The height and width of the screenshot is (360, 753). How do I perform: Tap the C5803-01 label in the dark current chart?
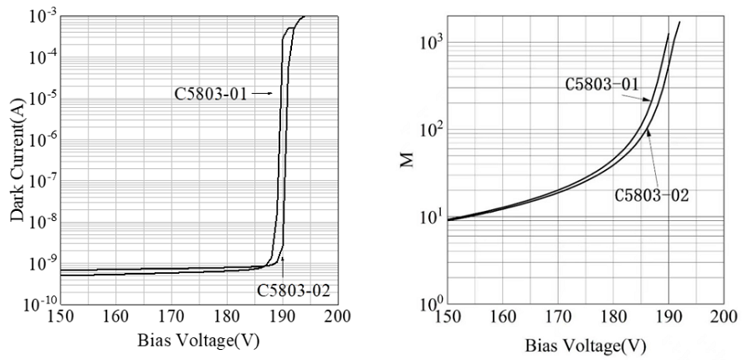(210, 93)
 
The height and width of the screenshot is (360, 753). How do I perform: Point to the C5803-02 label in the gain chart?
(651, 196)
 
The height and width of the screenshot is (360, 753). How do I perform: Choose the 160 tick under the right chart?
(503, 321)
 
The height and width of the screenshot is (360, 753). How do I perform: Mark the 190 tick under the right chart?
(668, 321)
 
